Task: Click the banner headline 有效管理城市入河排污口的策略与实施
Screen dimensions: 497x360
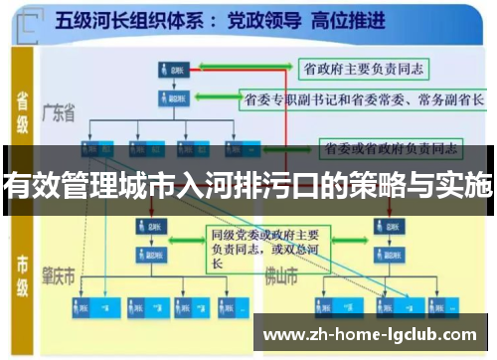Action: pos(248,184)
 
